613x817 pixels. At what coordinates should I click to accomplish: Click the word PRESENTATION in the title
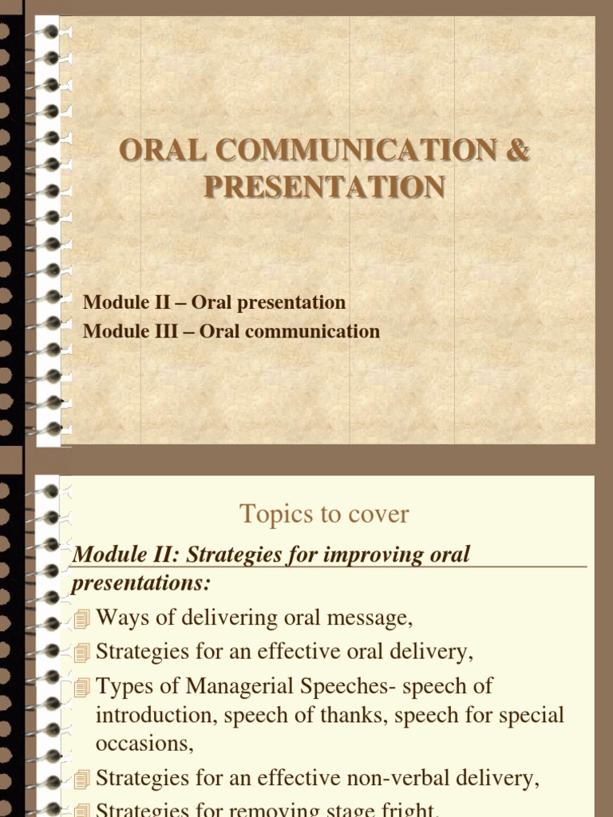pos(324,187)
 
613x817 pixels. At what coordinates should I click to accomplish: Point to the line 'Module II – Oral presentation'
pos(214,302)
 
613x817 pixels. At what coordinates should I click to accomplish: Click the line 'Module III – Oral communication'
pos(231,330)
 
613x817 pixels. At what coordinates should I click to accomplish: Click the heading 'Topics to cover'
pos(324,515)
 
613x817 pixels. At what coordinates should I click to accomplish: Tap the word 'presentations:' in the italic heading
pos(140,583)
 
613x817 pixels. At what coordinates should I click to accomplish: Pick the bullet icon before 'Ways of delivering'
pos(82,619)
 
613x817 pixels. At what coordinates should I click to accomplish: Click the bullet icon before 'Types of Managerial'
pos(82,687)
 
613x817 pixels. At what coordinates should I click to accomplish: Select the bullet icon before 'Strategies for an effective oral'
pos(82,653)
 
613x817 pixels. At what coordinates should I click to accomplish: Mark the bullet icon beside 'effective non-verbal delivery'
pos(82,779)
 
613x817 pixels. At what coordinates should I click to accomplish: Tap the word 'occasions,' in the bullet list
pos(144,743)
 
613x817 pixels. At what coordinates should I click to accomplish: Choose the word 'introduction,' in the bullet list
pos(156,715)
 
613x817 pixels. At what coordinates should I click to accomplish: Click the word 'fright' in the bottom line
pos(403,809)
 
